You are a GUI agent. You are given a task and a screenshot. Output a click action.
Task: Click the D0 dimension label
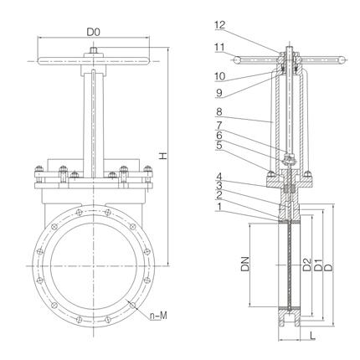[93, 32]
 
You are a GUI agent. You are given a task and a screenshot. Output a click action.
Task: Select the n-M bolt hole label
[158, 316]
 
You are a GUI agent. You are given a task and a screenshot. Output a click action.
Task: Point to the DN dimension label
[245, 264]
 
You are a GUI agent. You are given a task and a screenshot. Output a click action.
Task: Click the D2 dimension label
[306, 265]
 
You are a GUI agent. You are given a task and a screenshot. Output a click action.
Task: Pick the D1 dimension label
[318, 265]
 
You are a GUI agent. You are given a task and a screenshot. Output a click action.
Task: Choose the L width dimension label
[312, 336]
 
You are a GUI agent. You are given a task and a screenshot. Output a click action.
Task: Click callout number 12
[220, 25]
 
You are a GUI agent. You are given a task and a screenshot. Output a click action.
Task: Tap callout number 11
[219, 47]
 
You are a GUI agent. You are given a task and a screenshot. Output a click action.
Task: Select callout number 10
[220, 76]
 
